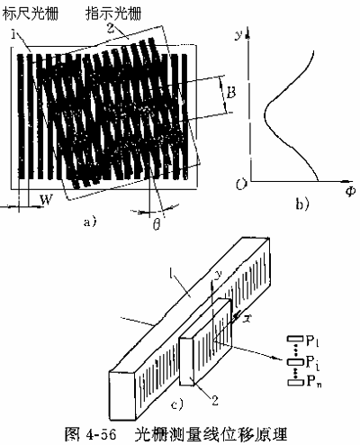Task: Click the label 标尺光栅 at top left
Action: [x=30, y=14]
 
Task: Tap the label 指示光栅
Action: [x=113, y=14]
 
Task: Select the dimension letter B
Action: [x=230, y=94]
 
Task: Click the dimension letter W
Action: [x=47, y=199]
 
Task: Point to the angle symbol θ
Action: [x=157, y=223]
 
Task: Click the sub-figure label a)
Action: [x=90, y=222]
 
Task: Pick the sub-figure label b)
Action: [x=302, y=204]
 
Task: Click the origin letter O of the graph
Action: [x=241, y=184]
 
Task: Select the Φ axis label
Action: [x=349, y=192]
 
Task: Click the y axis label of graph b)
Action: [x=238, y=35]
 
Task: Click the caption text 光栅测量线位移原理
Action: [x=211, y=434]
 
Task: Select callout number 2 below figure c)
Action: [x=215, y=401]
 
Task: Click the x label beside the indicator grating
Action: [x=248, y=319]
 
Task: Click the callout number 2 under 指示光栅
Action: [x=111, y=28]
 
